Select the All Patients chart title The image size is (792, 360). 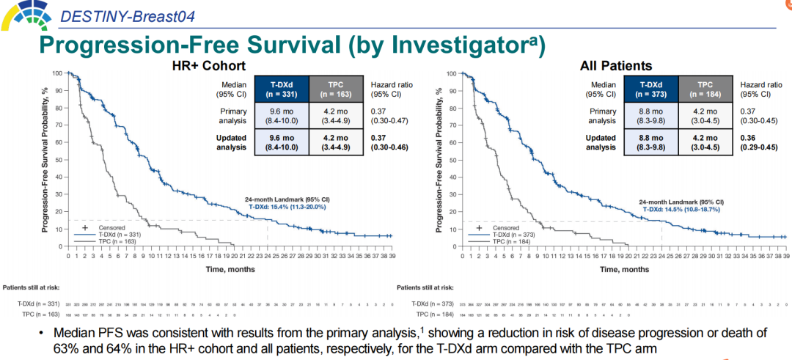(616, 66)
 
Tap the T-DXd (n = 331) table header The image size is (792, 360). (280, 89)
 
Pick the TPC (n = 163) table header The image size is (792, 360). (336, 89)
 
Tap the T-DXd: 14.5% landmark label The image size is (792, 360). (681, 209)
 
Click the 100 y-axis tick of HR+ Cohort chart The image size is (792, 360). (58, 73)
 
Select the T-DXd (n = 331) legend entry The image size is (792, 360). (111, 234)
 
